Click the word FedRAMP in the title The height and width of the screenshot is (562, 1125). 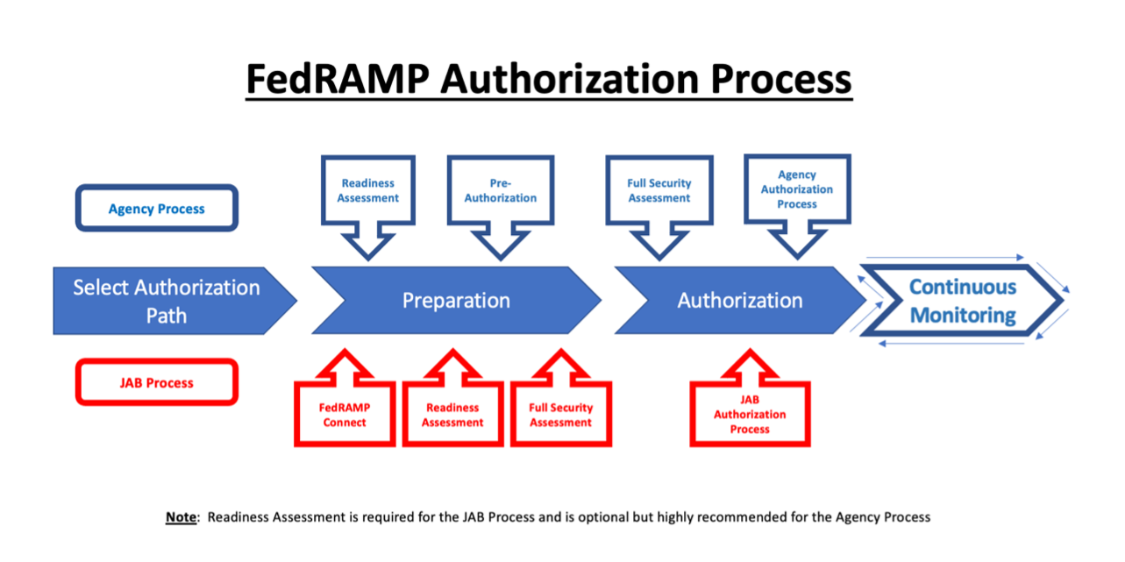click(x=338, y=78)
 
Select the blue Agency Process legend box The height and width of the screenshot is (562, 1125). click(x=157, y=209)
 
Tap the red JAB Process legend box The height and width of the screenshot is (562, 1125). click(x=157, y=382)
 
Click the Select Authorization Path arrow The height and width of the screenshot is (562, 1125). click(x=167, y=301)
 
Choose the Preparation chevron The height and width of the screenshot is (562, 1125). click(x=456, y=301)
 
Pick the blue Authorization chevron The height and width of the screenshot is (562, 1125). click(x=739, y=301)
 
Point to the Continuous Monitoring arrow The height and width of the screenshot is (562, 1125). click(x=962, y=301)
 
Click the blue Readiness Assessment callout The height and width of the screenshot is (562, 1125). click(x=368, y=191)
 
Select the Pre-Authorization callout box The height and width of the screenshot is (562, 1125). click(x=501, y=191)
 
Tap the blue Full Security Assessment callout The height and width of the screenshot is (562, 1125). click(x=659, y=191)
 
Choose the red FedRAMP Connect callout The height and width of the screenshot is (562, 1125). click(x=344, y=415)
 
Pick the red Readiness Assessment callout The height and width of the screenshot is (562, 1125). click(x=452, y=415)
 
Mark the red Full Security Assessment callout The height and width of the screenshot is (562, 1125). click(x=561, y=415)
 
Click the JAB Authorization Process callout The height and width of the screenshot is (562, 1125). click(x=750, y=415)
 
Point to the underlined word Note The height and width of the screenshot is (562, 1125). click(x=182, y=516)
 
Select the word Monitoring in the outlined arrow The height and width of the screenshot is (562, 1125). click(x=963, y=315)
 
